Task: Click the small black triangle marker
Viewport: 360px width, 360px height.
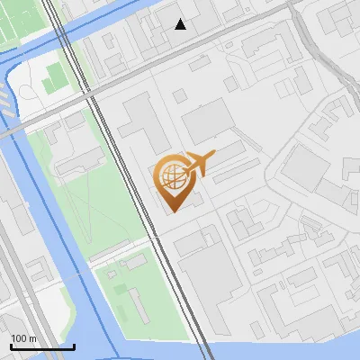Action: tap(181, 24)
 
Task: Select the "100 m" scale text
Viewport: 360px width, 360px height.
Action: tap(23, 337)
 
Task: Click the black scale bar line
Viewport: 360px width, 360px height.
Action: tap(41, 346)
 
